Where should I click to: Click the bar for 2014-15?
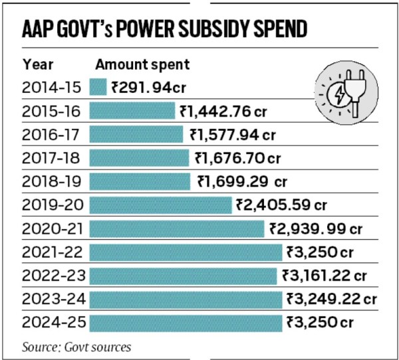[98, 87]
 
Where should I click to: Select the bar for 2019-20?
[160, 205]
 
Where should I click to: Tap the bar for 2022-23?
[184, 276]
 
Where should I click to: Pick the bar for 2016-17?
[136, 134]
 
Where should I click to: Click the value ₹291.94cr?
[149, 88]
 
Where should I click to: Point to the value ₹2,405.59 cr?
[281, 205]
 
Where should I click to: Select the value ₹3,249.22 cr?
[332, 299]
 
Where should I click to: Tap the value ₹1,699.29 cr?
[242, 181]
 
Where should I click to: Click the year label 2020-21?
[53, 228]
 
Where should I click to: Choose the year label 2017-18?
[51, 158]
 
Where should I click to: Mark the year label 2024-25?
[54, 322]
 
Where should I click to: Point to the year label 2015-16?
[51, 112]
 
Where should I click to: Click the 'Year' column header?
[38, 64]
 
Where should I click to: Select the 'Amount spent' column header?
[142, 65]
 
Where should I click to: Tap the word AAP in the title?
[38, 29]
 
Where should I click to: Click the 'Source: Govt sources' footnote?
[76, 347]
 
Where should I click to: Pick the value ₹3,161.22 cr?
[325, 276]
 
